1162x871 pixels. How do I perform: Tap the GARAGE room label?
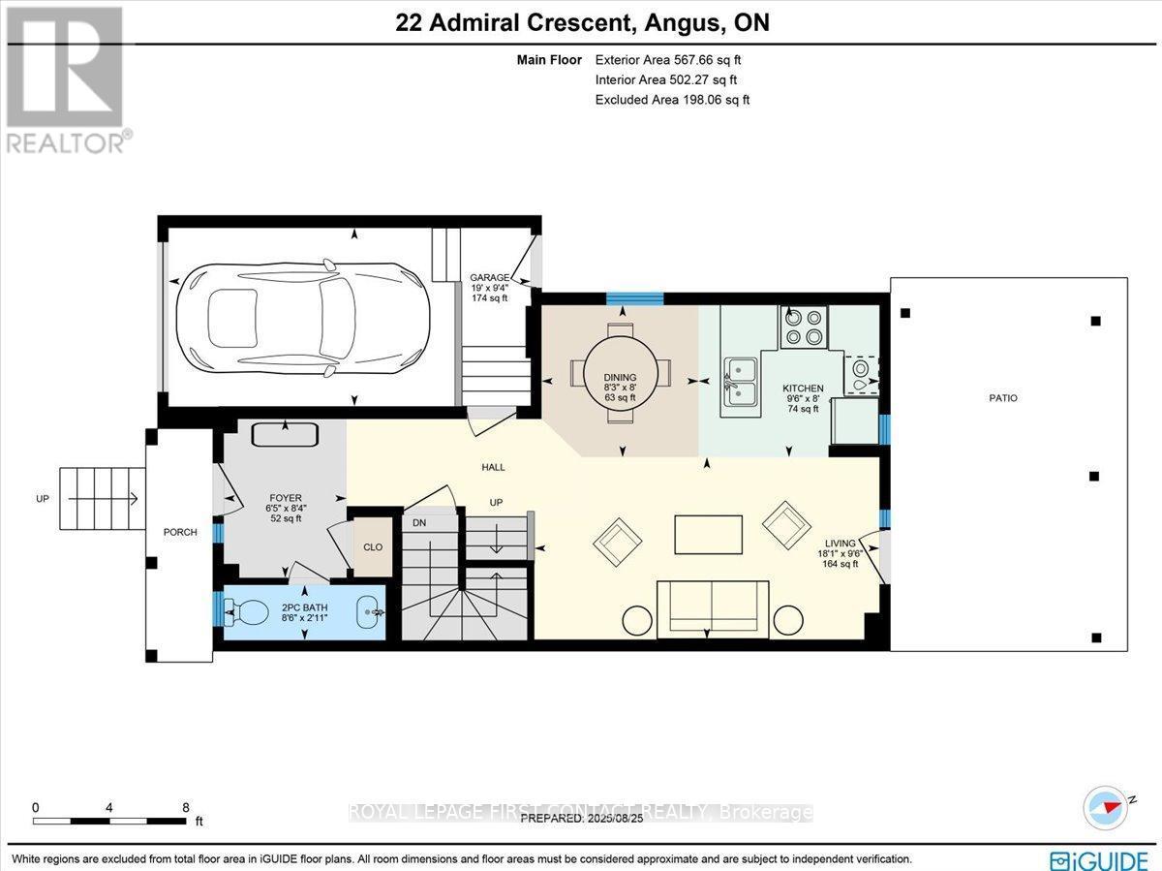tap(489, 277)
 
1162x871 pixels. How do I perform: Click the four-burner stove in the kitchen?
tap(805, 327)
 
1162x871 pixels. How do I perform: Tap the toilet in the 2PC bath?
tap(243, 612)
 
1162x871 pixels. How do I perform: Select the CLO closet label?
tap(373, 547)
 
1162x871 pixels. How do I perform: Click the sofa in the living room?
tap(713, 608)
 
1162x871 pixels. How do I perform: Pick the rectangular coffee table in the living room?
tap(708, 534)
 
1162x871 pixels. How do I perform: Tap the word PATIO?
tap(1004, 398)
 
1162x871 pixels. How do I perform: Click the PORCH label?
tap(180, 532)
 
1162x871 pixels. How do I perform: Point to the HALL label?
tap(494, 467)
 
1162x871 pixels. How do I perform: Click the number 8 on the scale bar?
tap(186, 807)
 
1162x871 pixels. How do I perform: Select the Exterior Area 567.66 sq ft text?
tap(668, 59)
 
